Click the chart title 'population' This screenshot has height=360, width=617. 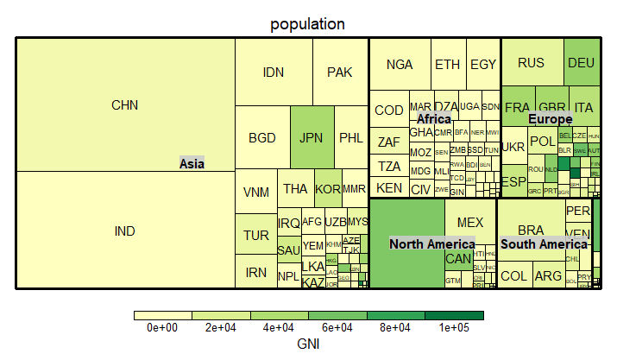308,24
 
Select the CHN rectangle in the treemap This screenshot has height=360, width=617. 125,105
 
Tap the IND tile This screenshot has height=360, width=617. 125,231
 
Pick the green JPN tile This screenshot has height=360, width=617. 311,137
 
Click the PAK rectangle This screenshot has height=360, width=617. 340,73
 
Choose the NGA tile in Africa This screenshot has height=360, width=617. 400,65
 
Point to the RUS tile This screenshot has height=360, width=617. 532,62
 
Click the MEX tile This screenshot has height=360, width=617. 470,222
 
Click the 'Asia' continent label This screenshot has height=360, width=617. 192,163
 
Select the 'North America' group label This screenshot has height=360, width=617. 431,244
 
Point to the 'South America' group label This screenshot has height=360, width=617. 544,244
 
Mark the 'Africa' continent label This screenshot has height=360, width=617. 434,118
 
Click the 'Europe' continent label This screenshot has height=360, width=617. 550,118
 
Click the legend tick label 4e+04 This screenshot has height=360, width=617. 279,328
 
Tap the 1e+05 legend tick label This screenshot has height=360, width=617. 454,328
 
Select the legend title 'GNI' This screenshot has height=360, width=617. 308,344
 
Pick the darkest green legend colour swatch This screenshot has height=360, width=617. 454,315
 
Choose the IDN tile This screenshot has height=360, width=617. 274,73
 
